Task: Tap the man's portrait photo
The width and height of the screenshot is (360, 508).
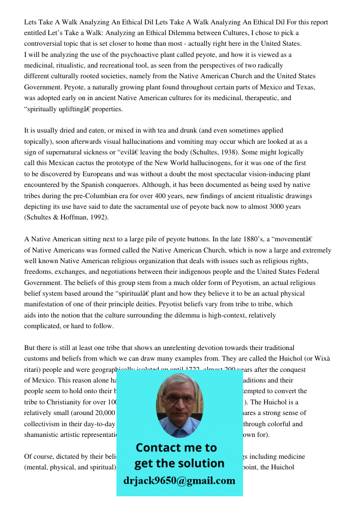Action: point(179,405)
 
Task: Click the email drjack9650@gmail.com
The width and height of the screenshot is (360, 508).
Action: point(179,481)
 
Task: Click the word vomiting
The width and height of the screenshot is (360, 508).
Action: point(189,141)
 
